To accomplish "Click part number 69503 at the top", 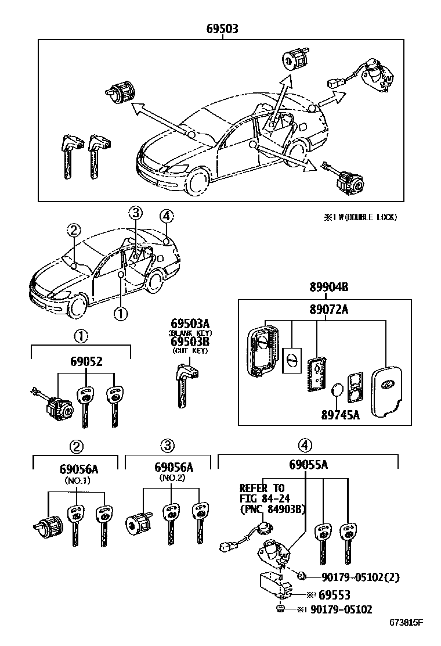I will coord(221,28).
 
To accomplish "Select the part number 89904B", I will coord(324,287).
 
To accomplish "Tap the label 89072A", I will coord(324,309).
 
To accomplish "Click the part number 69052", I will coord(80,361).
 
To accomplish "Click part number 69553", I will coord(334,595).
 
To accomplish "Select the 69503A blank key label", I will coord(190,323).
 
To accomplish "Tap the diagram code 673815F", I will coord(406,623).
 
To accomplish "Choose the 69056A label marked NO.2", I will coord(173,467).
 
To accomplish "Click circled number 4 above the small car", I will coord(166,216).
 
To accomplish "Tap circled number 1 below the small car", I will coord(120,314).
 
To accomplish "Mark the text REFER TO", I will coord(262,488).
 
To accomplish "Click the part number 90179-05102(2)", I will coord(360,577).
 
